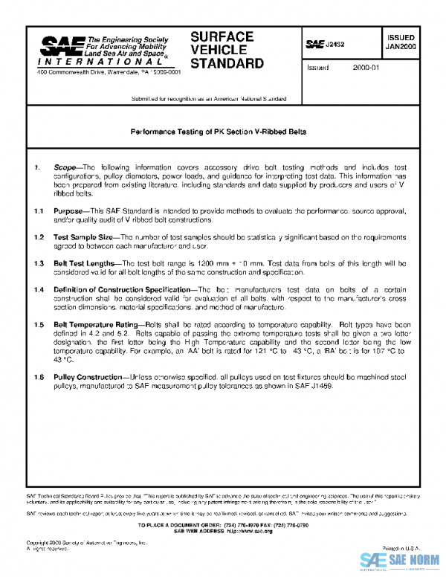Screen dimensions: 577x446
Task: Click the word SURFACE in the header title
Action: click(x=222, y=36)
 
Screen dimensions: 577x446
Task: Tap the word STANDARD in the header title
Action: click(x=227, y=63)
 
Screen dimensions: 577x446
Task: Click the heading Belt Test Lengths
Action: click(x=85, y=263)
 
